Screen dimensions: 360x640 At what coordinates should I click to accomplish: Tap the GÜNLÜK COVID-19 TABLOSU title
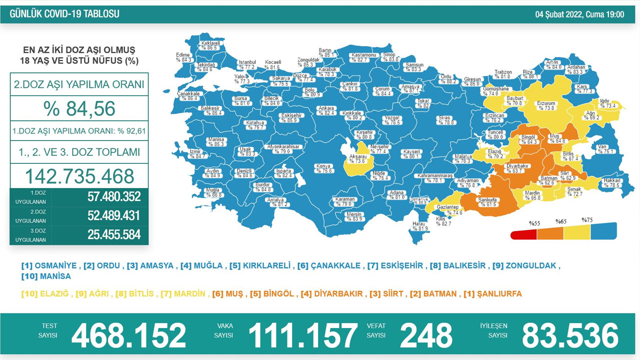pyautogui.click(x=64, y=14)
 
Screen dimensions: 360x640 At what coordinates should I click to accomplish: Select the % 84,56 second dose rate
pyautogui.click(x=79, y=108)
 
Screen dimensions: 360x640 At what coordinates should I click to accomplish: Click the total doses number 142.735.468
pyautogui.click(x=79, y=176)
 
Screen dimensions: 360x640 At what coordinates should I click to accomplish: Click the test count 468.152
pyautogui.click(x=128, y=335)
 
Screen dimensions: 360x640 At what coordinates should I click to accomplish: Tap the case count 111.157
pyautogui.click(x=303, y=335)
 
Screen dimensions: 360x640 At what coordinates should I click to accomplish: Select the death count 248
pyautogui.click(x=425, y=335)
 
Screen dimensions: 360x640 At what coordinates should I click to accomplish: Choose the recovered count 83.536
pyautogui.click(x=570, y=335)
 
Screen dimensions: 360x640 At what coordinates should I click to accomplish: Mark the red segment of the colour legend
pyautogui.click(x=523, y=235)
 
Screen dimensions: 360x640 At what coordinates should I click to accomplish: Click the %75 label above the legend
pyautogui.click(x=587, y=219)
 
